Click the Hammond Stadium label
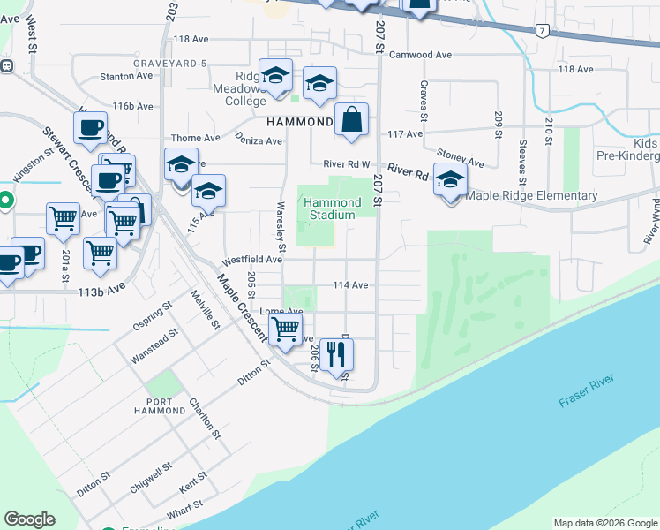click(329, 208)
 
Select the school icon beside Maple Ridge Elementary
click(450, 180)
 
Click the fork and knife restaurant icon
click(336, 355)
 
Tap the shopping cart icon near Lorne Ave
click(285, 329)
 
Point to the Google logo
click(30, 519)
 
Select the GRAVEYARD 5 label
click(170, 64)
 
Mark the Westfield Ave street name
click(252, 260)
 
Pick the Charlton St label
click(204, 418)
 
